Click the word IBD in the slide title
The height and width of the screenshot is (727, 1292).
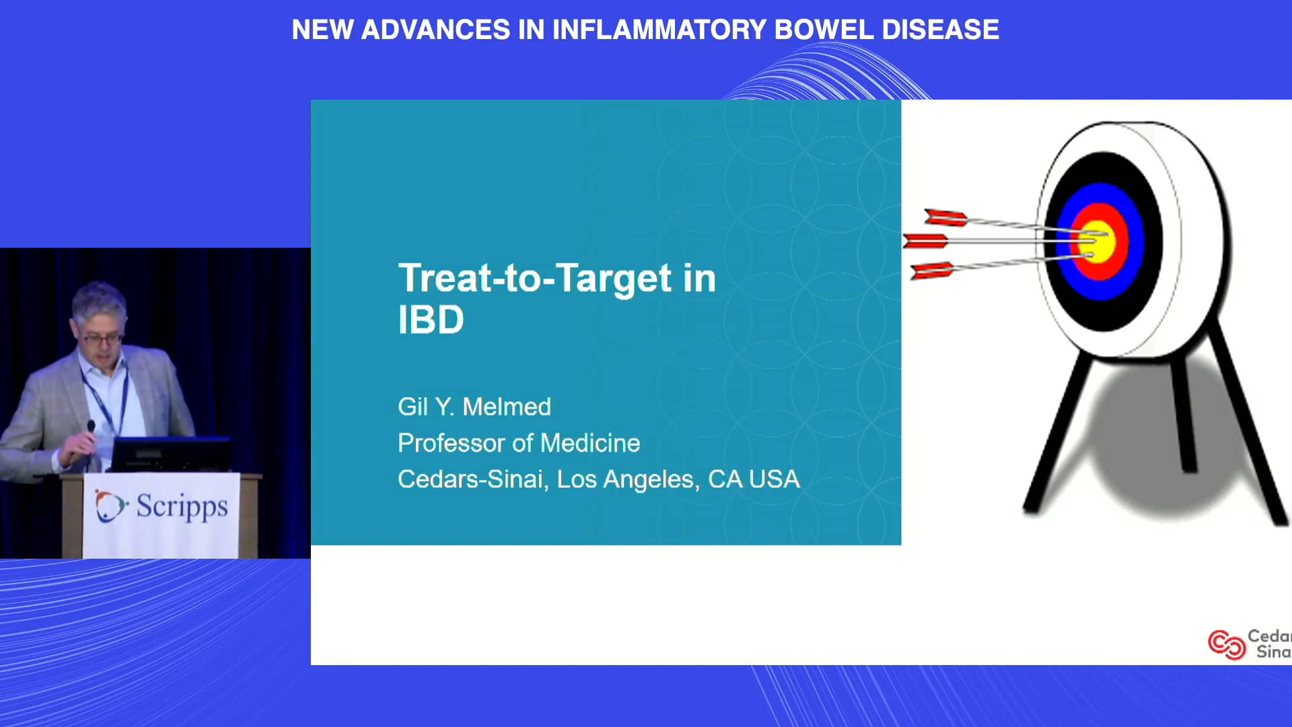pyautogui.click(x=431, y=320)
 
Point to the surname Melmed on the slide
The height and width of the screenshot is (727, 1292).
pyautogui.click(x=507, y=407)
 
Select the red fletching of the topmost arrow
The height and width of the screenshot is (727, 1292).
pyautogui.click(x=945, y=217)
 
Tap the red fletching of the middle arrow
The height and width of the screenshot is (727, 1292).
pyautogui.click(x=925, y=240)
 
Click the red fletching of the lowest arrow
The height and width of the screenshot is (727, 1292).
pyautogui.click(x=933, y=271)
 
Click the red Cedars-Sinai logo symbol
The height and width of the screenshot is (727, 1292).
pyautogui.click(x=1226, y=644)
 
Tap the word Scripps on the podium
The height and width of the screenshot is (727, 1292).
pyautogui.click(x=182, y=506)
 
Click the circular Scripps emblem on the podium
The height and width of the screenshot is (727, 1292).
pyautogui.click(x=110, y=506)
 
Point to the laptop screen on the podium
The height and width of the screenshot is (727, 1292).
pyautogui.click(x=170, y=454)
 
